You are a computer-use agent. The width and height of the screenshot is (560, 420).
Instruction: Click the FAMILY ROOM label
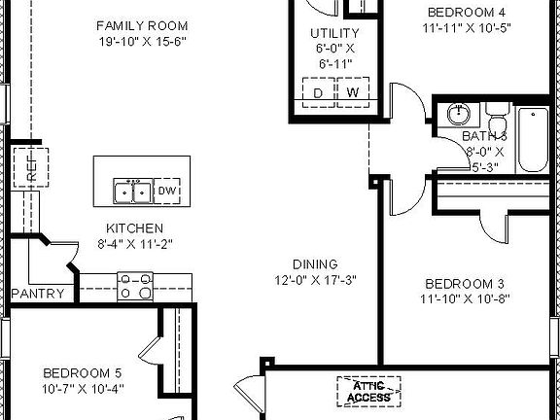click(142, 24)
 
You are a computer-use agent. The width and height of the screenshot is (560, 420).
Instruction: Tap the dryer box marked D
click(317, 93)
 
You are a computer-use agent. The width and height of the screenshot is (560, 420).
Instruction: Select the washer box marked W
click(352, 93)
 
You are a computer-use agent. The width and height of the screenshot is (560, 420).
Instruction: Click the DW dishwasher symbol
click(168, 192)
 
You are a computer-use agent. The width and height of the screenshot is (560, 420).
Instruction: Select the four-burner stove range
click(134, 285)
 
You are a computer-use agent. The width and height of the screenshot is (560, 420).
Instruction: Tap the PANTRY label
click(38, 294)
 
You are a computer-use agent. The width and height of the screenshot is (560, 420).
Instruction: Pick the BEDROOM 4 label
click(467, 13)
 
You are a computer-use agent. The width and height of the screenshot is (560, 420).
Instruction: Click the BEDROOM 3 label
click(464, 284)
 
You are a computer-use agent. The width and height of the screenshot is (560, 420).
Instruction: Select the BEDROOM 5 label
click(83, 372)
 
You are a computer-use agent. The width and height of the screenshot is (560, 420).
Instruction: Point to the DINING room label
click(315, 263)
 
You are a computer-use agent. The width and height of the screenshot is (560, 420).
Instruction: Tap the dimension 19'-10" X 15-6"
click(142, 42)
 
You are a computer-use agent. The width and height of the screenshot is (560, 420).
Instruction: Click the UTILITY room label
click(328, 33)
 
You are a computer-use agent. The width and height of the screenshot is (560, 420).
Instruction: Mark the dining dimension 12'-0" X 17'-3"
click(315, 280)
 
